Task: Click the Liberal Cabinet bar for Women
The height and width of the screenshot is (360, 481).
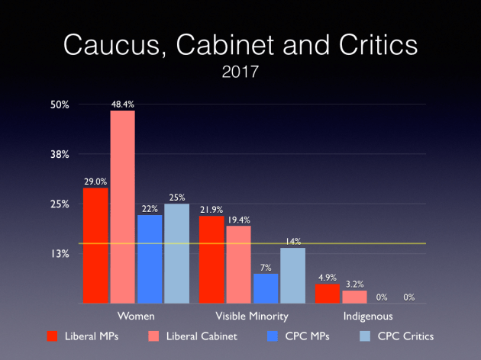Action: [x=122, y=207]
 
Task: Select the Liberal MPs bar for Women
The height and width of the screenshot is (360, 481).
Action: [x=95, y=246]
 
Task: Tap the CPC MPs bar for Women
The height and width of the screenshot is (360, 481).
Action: [x=150, y=259]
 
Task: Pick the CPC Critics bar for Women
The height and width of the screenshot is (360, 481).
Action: [x=176, y=253]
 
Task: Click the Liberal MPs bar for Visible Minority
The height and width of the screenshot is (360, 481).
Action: [x=211, y=259]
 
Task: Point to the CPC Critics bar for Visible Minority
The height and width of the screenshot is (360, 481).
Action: [x=292, y=275]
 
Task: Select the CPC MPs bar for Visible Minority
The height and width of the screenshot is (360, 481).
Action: [x=266, y=288]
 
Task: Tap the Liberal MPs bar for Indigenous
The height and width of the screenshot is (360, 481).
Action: [x=328, y=294]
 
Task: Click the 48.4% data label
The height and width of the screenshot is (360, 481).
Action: [x=122, y=104]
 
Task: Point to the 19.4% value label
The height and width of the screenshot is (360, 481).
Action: [x=239, y=220]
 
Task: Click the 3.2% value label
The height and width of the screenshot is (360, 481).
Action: [x=354, y=284]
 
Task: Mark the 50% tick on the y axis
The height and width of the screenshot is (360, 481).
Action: [x=60, y=104]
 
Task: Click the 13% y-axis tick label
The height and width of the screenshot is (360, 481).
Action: [x=60, y=254]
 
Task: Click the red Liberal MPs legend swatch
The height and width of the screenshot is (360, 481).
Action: [x=53, y=336]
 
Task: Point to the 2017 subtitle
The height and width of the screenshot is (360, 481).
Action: [x=240, y=75]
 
